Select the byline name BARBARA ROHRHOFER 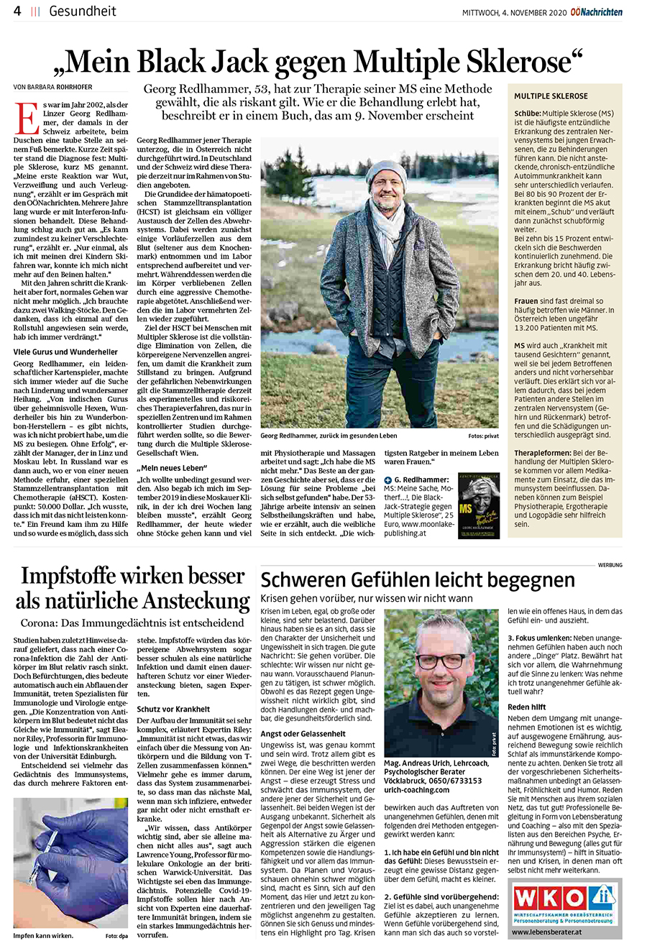tap(70, 87)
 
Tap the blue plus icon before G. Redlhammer tap(388, 479)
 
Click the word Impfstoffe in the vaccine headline tap(73, 577)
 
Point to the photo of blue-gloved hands tap(70, 863)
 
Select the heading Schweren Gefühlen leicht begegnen tap(418, 581)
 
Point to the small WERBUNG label tap(610, 565)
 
